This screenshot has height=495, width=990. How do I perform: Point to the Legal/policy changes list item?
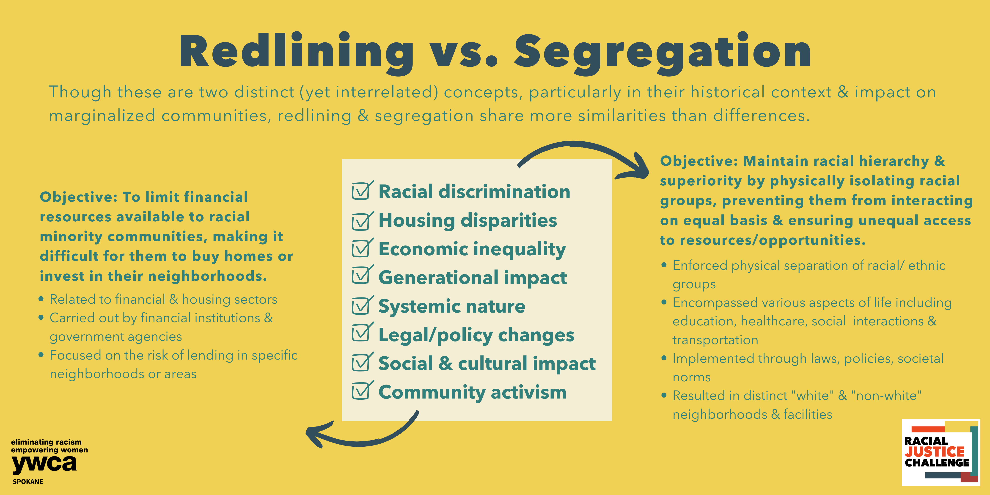[476, 335]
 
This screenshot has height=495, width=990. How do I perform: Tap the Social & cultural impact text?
[487, 363]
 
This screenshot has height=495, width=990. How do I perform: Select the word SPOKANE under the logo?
[28, 481]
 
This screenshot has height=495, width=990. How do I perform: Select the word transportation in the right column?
[715, 340]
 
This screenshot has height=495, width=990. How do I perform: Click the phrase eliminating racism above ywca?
[46, 442]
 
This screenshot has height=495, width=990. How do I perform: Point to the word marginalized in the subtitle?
[102, 116]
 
